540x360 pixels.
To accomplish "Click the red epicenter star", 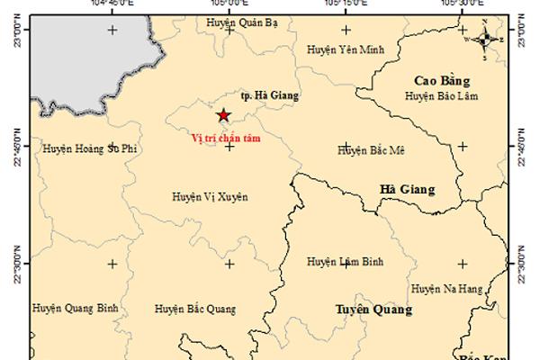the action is (x=223, y=114).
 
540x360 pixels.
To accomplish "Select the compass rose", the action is (x=484, y=39).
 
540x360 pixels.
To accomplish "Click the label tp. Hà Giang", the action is (x=270, y=94).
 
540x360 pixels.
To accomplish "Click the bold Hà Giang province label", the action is (x=408, y=189).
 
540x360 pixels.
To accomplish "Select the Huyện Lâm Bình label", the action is (x=346, y=262).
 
